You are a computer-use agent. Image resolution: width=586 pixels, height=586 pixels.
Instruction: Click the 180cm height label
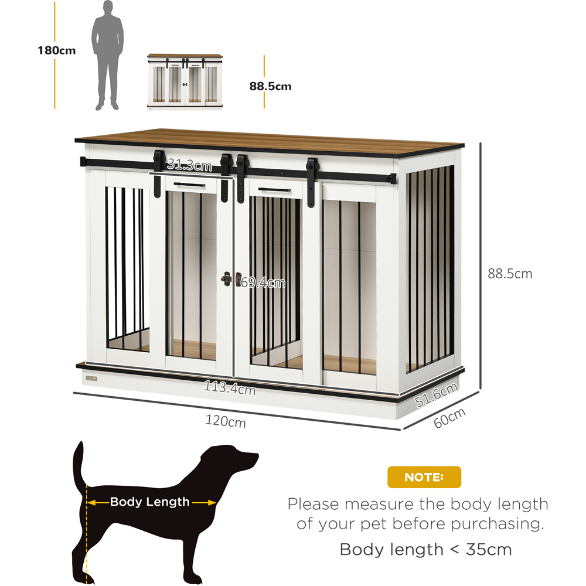click(57, 50)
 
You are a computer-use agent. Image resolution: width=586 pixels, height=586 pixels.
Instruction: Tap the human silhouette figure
click(107, 56)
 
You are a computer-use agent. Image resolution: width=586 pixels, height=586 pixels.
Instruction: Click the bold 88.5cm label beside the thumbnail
click(270, 87)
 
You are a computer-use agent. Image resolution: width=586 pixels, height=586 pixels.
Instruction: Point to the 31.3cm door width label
click(189, 165)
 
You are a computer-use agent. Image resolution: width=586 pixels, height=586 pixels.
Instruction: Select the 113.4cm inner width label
click(229, 387)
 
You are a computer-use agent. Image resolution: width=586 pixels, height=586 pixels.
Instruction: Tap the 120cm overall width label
click(226, 421)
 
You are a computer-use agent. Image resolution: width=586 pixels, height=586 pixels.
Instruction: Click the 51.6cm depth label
click(436, 396)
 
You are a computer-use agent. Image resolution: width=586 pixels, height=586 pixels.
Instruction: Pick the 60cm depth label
click(449, 418)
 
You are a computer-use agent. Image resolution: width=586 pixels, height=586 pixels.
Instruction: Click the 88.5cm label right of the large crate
click(510, 274)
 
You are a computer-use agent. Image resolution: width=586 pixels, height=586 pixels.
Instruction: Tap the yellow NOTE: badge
click(424, 477)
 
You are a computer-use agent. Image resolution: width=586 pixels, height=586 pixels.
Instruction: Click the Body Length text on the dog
click(150, 502)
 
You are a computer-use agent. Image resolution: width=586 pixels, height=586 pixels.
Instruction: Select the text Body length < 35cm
click(425, 549)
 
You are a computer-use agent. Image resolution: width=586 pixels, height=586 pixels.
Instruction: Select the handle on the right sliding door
click(276, 189)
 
